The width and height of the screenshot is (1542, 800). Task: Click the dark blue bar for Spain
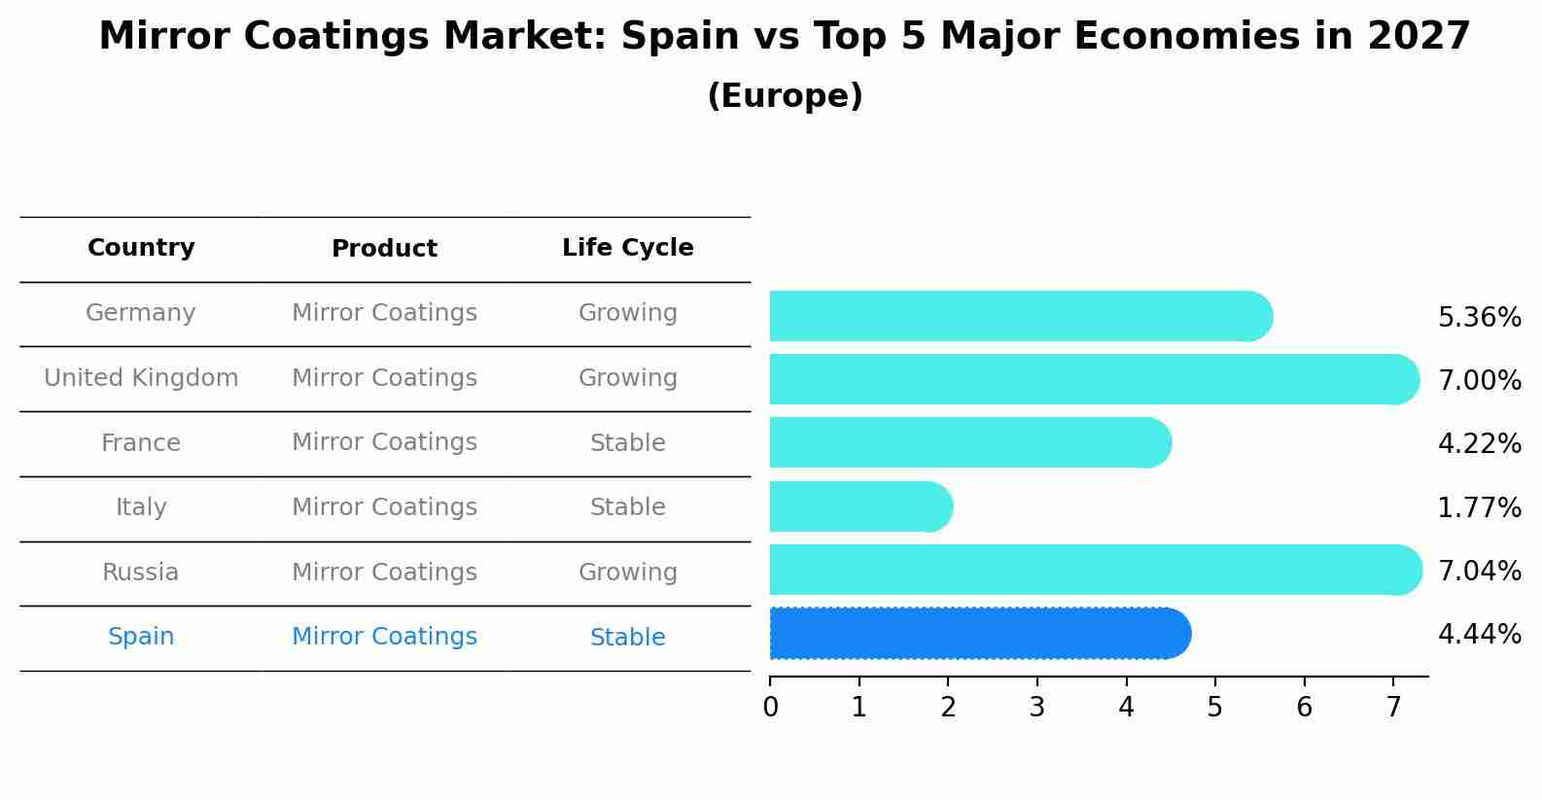point(977,634)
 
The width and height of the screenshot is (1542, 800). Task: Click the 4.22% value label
point(1479,444)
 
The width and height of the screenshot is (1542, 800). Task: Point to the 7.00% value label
point(1479,381)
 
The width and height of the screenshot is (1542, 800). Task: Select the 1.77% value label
point(1479,508)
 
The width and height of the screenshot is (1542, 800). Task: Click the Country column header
point(141,248)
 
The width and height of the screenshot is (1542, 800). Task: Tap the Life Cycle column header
point(627,248)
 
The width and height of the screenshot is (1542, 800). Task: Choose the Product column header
point(384,249)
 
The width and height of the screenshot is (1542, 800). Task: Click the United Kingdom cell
point(141,378)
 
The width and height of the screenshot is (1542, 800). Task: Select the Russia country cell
point(141,573)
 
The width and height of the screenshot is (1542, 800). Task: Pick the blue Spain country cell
point(141,637)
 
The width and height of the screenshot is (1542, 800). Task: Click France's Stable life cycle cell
point(627,443)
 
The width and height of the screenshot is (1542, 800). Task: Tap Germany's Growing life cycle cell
point(627,313)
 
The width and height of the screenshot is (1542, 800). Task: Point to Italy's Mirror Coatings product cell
point(384,507)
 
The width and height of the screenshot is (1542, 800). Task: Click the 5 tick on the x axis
point(1214,708)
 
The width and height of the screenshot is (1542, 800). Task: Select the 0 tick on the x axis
point(770,708)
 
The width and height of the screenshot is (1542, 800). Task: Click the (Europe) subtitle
point(785,96)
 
